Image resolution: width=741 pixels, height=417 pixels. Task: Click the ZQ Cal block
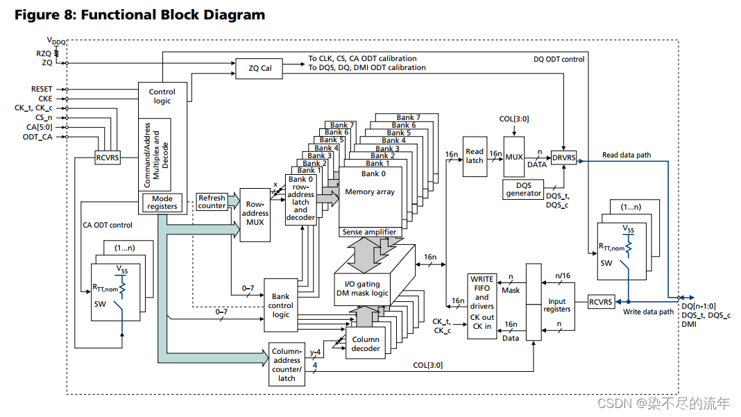coord(261,68)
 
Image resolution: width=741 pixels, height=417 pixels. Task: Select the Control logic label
coord(162,96)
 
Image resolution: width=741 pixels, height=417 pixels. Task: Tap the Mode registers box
coord(162,203)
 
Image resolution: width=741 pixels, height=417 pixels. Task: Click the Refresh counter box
coord(212,202)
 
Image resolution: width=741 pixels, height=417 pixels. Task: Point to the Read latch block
coord(475,156)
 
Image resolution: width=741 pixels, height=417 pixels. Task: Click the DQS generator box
coord(524,189)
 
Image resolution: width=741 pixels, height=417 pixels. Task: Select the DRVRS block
coord(563,158)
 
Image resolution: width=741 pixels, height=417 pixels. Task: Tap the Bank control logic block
coord(281,305)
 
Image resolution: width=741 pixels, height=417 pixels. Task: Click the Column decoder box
coord(366,344)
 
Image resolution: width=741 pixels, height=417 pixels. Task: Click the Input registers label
coord(556,305)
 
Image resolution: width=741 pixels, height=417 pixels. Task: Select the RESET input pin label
coord(42,89)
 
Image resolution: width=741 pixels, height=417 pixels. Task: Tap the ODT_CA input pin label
coord(37,137)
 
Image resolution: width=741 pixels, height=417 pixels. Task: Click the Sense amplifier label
coord(370,232)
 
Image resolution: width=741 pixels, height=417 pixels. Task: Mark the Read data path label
coord(627,155)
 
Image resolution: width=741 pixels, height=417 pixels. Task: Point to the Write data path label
coord(648,312)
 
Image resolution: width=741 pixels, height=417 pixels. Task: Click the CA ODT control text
coord(108,225)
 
